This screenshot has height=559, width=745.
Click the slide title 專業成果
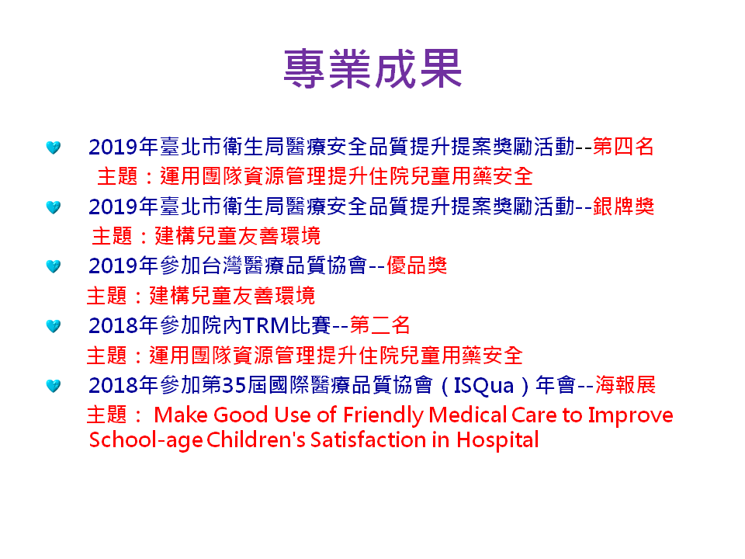(x=372, y=68)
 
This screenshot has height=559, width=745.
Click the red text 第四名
(x=623, y=147)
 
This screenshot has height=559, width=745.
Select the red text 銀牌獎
(x=623, y=207)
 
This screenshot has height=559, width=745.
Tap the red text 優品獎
(x=417, y=266)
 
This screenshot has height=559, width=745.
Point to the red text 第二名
(x=379, y=325)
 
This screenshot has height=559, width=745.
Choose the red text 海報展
(x=625, y=385)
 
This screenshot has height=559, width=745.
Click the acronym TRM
(x=265, y=325)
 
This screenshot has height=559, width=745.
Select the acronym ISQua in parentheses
(x=483, y=386)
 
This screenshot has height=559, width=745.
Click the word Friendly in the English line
(x=383, y=415)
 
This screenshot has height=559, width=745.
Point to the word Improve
(x=630, y=416)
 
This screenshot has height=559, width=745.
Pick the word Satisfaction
(x=368, y=439)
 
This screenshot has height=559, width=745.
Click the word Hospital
(x=497, y=440)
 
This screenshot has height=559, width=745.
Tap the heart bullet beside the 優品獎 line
(x=54, y=266)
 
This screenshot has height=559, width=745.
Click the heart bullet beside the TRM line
(x=54, y=327)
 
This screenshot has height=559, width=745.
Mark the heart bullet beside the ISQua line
(x=54, y=386)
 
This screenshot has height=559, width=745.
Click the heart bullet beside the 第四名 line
(x=54, y=148)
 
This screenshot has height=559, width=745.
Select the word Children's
(x=256, y=439)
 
